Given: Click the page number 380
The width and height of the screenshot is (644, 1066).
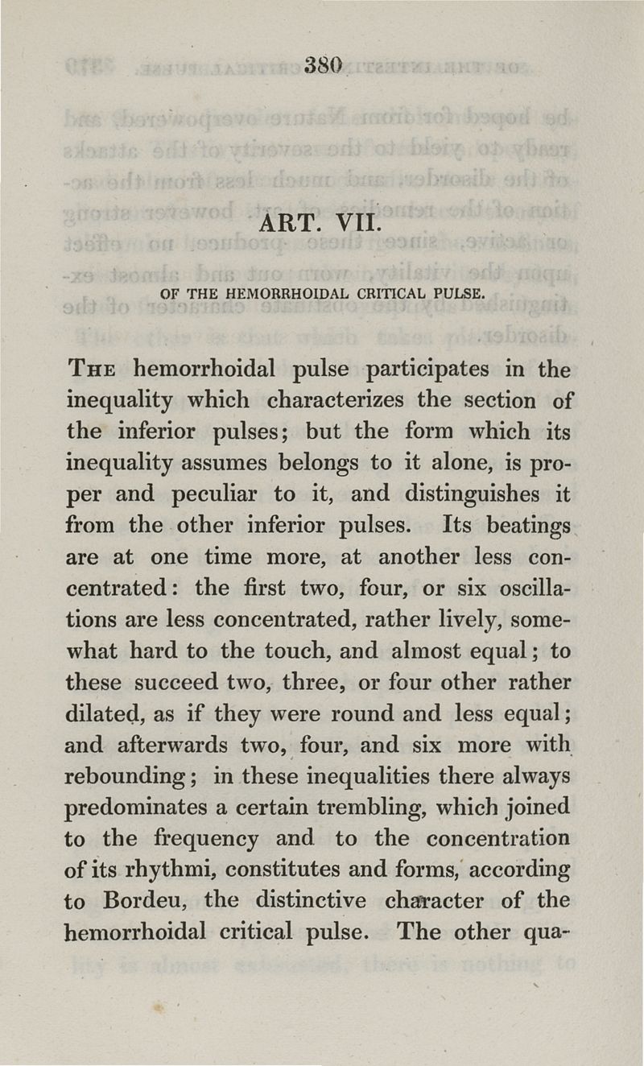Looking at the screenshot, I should click(x=324, y=64).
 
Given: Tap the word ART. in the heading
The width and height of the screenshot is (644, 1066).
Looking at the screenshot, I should click(x=291, y=221).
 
